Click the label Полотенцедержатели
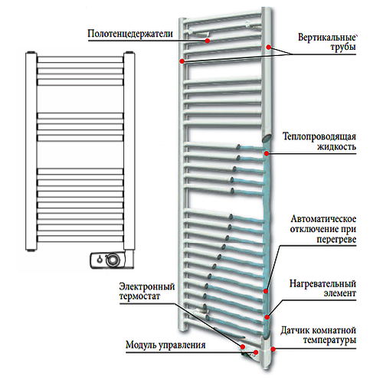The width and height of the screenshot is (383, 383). coord(130,34)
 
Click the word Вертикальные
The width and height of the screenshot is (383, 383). coord(327,38)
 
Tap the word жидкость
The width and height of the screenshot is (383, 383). coord(336,147)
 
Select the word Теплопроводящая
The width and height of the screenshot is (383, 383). coord(319,136)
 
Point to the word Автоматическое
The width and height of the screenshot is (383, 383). coord(323,219)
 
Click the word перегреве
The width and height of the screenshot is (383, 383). coord(336,240)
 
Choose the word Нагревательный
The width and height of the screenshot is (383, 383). coord(322,283)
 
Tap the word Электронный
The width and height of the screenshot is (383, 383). coord(147,286)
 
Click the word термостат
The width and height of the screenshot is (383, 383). coord(139,296)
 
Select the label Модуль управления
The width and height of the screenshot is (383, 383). coord(165,345)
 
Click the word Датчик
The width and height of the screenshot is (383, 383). coord(295,330)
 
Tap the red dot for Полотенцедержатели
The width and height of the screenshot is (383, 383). coord(208,41)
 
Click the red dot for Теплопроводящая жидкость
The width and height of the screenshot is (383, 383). coord(267,153)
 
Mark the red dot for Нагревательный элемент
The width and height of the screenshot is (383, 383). coord(267,317)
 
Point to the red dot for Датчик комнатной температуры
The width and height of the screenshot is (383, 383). coord(273,349)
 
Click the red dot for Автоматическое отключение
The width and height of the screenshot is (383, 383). coord(266,291)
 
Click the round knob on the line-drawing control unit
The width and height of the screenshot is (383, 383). coord(112,260)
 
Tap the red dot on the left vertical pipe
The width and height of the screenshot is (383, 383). coord(182,61)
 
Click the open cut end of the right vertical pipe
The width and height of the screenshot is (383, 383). coord(267,138)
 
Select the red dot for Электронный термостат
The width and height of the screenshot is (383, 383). coord(243,346)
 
